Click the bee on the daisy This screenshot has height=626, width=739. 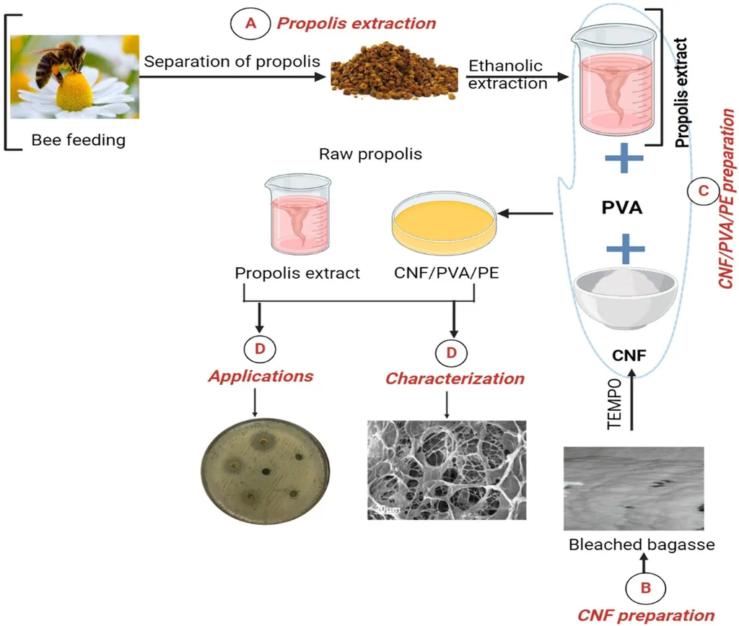pyautogui.click(x=62, y=61)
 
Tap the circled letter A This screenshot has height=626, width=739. pyautogui.click(x=250, y=23)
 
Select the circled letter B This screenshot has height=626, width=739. pyautogui.click(x=645, y=588)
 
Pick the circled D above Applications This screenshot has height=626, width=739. pyautogui.click(x=260, y=349)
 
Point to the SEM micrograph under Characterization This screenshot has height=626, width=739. pyautogui.click(x=447, y=469)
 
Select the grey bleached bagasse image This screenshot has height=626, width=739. pyautogui.click(x=632, y=489)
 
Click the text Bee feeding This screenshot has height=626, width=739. pyautogui.click(x=78, y=140)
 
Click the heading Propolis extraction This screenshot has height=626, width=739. pyautogui.click(x=357, y=23)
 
